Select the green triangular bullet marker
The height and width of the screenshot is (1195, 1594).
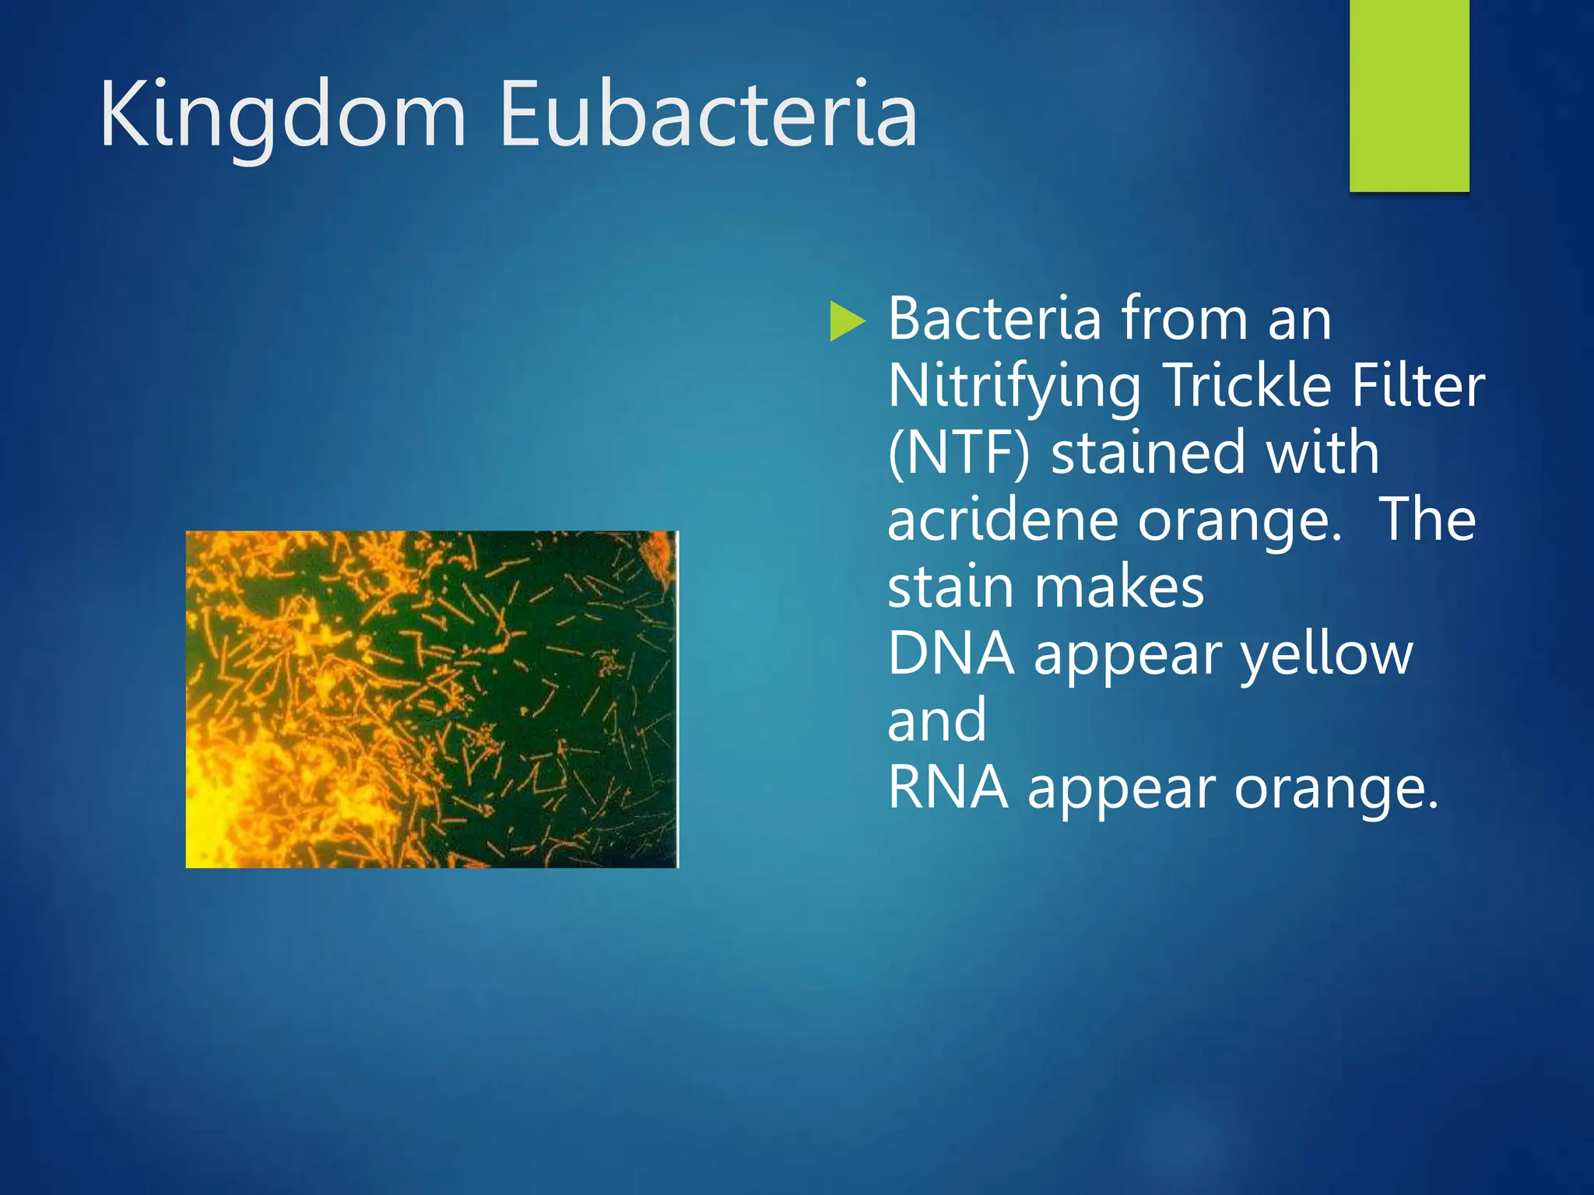(x=846, y=321)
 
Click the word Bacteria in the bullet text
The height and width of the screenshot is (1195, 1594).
(x=995, y=319)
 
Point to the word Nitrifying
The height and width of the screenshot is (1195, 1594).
(x=1014, y=387)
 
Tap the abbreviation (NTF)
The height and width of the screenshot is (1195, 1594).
(x=959, y=454)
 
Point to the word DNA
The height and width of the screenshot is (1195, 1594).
(x=950, y=654)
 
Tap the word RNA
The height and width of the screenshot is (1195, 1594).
(x=947, y=788)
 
